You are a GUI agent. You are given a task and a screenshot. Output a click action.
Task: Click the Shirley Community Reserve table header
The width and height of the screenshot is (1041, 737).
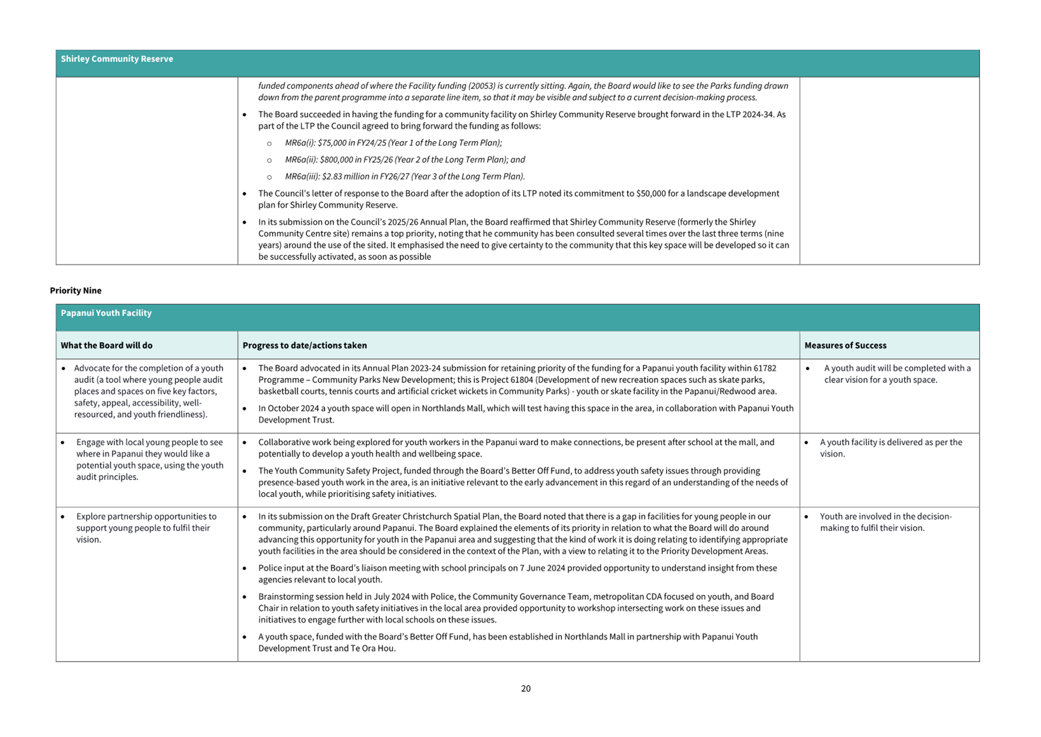(x=117, y=59)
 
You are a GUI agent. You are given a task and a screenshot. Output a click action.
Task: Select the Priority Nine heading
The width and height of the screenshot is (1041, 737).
(x=75, y=291)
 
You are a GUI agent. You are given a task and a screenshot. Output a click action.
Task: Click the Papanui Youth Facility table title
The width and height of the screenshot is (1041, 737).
(x=106, y=313)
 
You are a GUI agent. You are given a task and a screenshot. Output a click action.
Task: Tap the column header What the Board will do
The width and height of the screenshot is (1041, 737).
(x=106, y=345)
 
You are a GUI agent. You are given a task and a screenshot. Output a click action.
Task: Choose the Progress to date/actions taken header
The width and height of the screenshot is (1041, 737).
(x=304, y=345)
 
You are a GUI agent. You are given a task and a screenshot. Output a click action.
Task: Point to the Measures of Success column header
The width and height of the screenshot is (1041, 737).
(x=845, y=345)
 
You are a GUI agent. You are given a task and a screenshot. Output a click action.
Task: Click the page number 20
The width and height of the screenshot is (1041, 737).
(x=526, y=689)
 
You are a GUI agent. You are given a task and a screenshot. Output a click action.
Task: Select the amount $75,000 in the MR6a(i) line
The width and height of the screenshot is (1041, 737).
(x=332, y=143)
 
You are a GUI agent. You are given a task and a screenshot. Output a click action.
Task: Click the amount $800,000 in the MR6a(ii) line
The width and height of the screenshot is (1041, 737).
(x=336, y=160)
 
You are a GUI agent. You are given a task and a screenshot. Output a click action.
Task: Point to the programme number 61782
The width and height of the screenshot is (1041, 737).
(x=764, y=368)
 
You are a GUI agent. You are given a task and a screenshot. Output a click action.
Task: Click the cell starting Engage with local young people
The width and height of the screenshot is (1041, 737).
(x=149, y=460)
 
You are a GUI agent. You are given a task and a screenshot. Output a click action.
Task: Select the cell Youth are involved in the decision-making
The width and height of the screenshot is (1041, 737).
(x=885, y=522)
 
